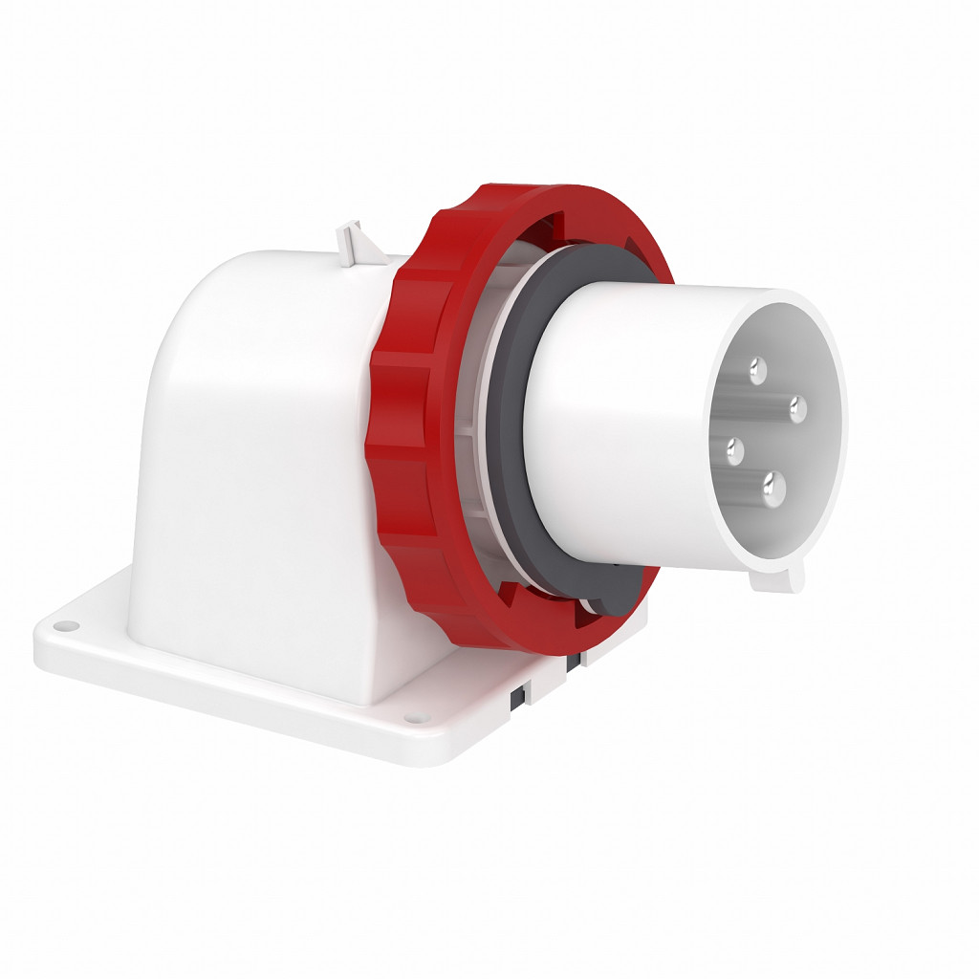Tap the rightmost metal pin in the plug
pyautogui.click(x=796, y=410)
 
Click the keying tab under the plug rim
pyautogui.click(x=777, y=577)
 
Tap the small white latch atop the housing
pyautogui.click(x=351, y=239)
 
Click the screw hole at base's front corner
pyautogui.click(x=412, y=719)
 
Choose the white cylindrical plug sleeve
pyautogui.click(x=612, y=421)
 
